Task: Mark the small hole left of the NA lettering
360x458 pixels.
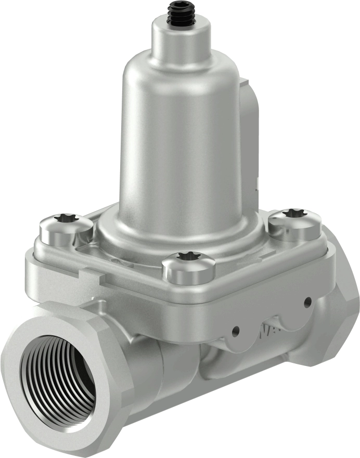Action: (x=236, y=330)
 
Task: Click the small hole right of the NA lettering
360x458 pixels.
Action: (x=307, y=300)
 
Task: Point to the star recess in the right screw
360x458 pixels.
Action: (x=294, y=213)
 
